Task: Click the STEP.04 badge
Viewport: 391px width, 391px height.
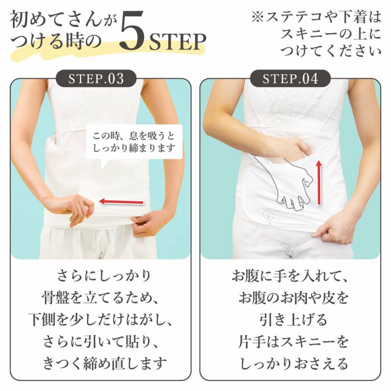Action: (x=290, y=78)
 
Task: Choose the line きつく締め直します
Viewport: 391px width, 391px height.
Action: (x=101, y=364)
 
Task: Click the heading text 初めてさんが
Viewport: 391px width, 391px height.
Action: (x=64, y=21)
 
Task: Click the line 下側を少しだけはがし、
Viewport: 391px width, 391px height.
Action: (x=101, y=319)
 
